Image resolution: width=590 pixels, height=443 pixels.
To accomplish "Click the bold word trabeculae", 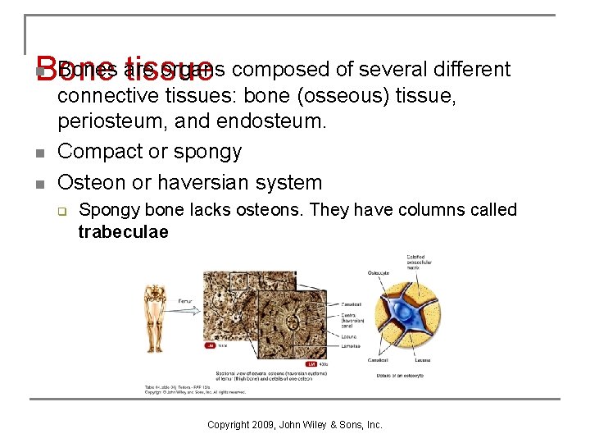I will pyautogui.click(x=123, y=232).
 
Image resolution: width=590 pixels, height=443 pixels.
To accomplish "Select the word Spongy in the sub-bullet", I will pyautogui.click(x=106, y=210).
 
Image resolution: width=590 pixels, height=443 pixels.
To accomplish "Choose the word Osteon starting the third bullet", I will pyautogui.click(x=91, y=182).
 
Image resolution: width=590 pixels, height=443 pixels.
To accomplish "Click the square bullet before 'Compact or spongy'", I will pyautogui.click(x=39, y=153).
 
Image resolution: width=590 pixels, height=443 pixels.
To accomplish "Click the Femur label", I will pyautogui.click(x=185, y=301).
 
